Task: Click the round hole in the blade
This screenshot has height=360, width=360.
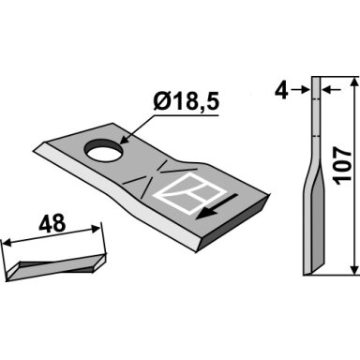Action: coord(103,151)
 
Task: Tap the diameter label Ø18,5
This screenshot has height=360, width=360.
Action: coord(186,102)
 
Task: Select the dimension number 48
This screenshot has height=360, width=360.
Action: coord(52,223)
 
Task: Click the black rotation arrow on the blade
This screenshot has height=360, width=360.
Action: coord(216,207)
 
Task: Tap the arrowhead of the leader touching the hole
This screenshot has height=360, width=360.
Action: coord(124,140)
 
